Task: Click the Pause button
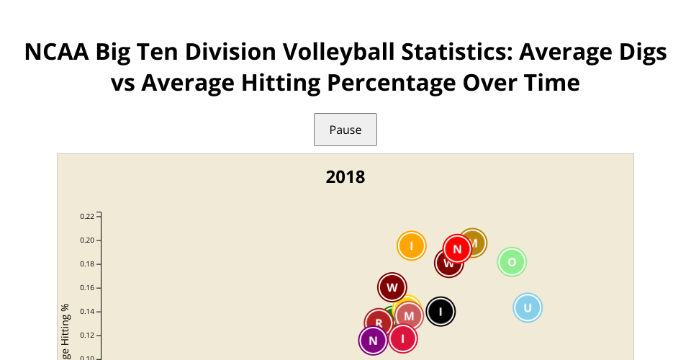point(345,130)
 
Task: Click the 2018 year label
point(345,176)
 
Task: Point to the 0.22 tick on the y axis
point(87,216)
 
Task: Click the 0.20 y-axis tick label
point(87,240)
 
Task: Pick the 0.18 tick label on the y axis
point(87,264)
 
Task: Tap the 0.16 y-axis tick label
point(87,287)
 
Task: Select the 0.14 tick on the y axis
point(87,311)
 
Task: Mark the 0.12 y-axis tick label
point(87,335)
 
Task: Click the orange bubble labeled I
point(412,246)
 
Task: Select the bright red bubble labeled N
point(457,248)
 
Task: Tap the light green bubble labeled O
point(512,261)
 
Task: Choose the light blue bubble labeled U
point(527,308)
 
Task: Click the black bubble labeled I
point(441,312)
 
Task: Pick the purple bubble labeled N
point(372,341)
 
